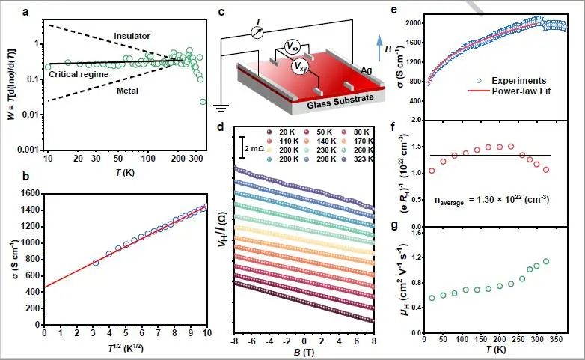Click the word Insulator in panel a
(133, 36)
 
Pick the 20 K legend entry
(261, 130)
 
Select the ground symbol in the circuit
(220, 108)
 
